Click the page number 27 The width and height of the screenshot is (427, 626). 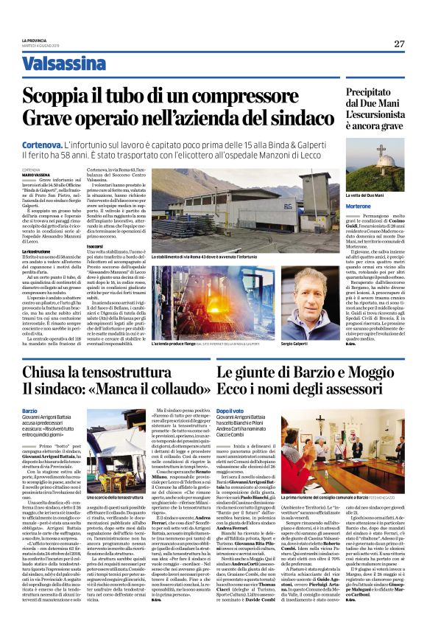pos(398,44)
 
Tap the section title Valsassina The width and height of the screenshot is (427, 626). pos(64,64)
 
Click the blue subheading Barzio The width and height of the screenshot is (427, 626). pos(30,410)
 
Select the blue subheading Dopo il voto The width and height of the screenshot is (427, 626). pos(230,410)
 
